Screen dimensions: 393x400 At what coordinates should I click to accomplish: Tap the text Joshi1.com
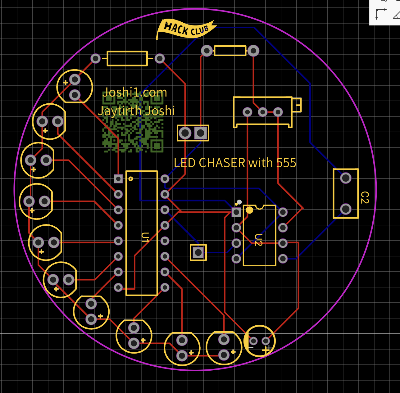pos(135,92)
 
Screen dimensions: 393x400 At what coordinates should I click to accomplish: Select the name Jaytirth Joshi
pos(137,111)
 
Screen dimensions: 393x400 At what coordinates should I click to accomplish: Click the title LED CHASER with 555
pos(235,163)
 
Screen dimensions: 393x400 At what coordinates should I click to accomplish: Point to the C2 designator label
pos(365,197)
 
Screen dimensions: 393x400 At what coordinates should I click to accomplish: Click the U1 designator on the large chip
pos(145,237)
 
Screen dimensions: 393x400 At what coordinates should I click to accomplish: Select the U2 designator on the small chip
pos(258,240)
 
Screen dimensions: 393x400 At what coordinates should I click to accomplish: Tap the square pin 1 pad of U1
pos(118,179)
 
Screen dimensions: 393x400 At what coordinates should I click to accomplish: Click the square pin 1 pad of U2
pos(236,212)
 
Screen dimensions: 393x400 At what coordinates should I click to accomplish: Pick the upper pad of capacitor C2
pos(346,178)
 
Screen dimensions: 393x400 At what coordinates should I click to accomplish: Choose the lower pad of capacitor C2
pos(346,209)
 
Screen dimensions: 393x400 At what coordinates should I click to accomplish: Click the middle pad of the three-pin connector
pos(263,112)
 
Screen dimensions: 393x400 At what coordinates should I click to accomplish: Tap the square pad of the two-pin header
pos(201,133)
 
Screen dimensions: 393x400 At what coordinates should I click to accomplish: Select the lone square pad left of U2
pos(198,252)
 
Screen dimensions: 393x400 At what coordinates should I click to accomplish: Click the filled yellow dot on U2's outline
pos(249,210)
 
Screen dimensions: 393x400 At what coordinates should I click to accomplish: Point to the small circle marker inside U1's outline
pos(131,179)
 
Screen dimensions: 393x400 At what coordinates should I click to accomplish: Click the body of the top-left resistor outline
pos(127,59)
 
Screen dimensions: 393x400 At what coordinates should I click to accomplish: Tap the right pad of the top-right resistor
pos(253,51)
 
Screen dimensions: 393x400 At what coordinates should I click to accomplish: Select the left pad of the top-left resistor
pos(96,58)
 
